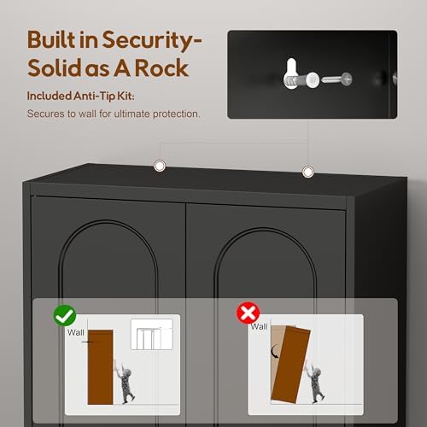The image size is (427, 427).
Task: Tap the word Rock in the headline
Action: click(x=161, y=67)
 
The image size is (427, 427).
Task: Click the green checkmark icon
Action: click(x=65, y=315)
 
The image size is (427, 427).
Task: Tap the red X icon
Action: click(x=248, y=313)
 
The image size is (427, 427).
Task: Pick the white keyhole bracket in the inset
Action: click(x=292, y=73)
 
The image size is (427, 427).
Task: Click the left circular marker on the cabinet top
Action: click(x=160, y=166)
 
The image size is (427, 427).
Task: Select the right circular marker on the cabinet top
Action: click(x=307, y=172)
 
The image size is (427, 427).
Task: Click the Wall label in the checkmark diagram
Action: click(x=75, y=332)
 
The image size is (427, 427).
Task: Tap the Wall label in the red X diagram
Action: click(x=259, y=326)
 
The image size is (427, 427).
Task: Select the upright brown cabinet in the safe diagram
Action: click(x=100, y=367)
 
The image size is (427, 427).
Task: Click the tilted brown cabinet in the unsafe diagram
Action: click(x=290, y=365)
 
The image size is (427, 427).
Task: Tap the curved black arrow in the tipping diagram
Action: click(x=275, y=351)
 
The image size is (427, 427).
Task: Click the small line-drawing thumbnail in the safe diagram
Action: click(x=152, y=334)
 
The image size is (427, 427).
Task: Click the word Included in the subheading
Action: click(x=49, y=96)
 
